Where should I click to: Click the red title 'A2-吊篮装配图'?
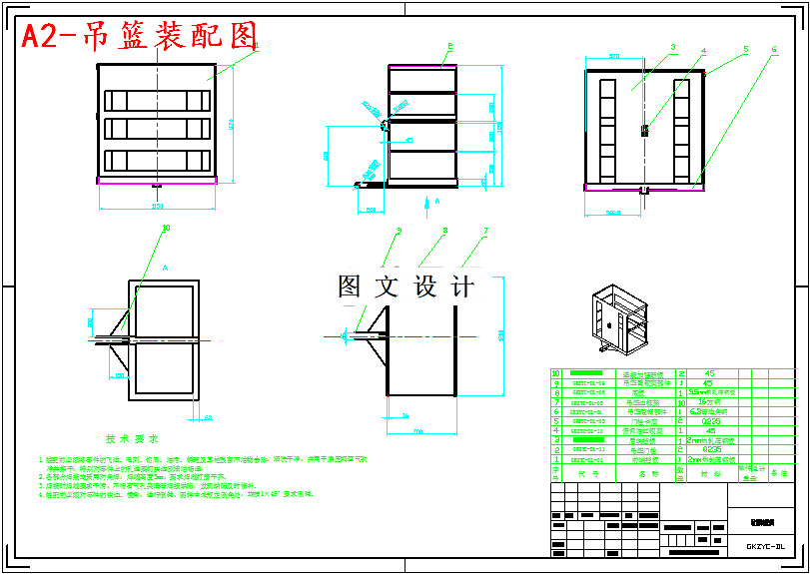pos(140,36)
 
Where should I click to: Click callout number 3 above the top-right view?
pos(673,46)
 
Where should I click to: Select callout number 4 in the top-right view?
pos(703,50)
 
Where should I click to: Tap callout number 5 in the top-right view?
pos(745,48)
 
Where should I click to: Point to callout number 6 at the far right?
pos(774,48)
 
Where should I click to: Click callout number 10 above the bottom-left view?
pos(166,228)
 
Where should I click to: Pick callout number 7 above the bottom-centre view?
pos(485,232)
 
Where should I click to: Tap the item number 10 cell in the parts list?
pos(556,373)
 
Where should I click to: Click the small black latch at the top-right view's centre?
pos(644,129)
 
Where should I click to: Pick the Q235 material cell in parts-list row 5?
pos(710,421)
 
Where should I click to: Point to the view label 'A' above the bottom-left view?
pos(165,269)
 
